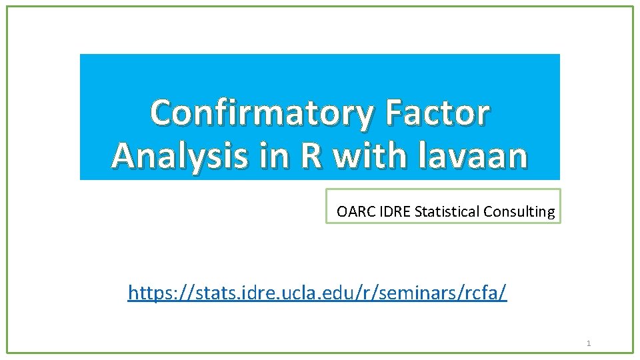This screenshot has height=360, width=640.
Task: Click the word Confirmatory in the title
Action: (x=263, y=113)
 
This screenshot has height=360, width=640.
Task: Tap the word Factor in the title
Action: (x=437, y=113)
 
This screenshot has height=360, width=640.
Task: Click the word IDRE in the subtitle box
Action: (x=393, y=212)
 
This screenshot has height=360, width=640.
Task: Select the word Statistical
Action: (x=447, y=212)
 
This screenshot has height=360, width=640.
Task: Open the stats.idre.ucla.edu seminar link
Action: (x=317, y=293)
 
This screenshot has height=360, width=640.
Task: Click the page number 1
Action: (x=589, y=343)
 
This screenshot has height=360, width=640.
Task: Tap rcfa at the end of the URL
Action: (x=480, y=293)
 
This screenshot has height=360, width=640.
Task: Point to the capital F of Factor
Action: (x=395, y=113)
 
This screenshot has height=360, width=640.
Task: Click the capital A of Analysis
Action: (x=125, y=155)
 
